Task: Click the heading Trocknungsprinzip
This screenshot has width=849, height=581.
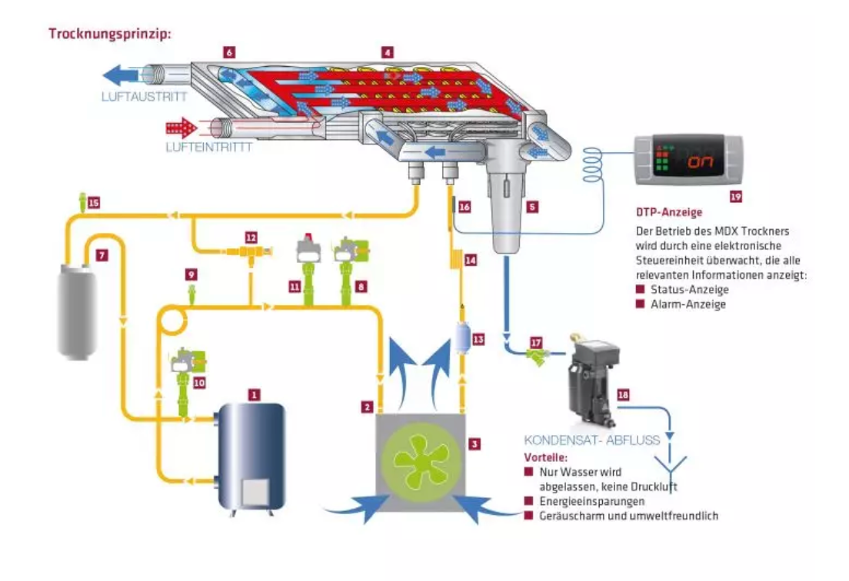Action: (110, 34)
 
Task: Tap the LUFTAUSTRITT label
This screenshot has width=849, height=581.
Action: (144, 97)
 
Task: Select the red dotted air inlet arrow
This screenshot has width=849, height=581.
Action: (181, 128)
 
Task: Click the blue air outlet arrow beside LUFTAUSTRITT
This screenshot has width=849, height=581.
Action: (121, 75)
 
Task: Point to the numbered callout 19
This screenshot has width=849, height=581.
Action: (736, 197)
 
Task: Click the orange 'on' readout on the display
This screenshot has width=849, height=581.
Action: (701, 161)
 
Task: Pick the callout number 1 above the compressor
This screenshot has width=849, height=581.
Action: (254, 395)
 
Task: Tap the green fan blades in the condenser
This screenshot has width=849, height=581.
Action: (421, 460)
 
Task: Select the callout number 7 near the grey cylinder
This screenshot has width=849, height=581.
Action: (102, 255)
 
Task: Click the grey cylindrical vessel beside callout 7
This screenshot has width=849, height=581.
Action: (78, 310)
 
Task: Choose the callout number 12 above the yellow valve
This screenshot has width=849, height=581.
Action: (251, 237)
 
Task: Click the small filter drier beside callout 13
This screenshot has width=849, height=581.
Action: (462, 337)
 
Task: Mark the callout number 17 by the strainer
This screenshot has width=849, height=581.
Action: (536, 343)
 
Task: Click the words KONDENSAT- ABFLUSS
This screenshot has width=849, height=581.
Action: (592, 440)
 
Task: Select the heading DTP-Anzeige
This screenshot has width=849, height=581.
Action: (669, 212)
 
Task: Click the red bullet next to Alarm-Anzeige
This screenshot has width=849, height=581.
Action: (640, 304)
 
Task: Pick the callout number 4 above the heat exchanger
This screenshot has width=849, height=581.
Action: (387, 52)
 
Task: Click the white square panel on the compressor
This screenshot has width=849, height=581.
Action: (255, 493)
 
